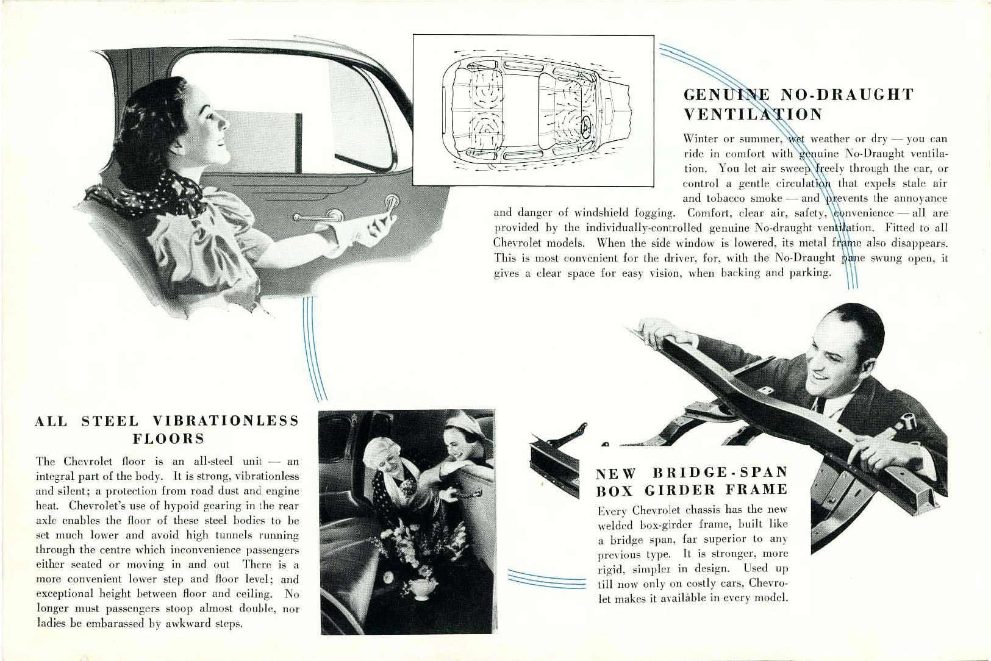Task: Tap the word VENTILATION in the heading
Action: point(753,115)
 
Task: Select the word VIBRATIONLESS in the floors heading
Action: point(226,421)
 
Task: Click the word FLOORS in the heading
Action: point(168,439)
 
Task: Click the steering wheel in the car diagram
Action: point(587,127)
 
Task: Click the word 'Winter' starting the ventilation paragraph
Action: point(701,139)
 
